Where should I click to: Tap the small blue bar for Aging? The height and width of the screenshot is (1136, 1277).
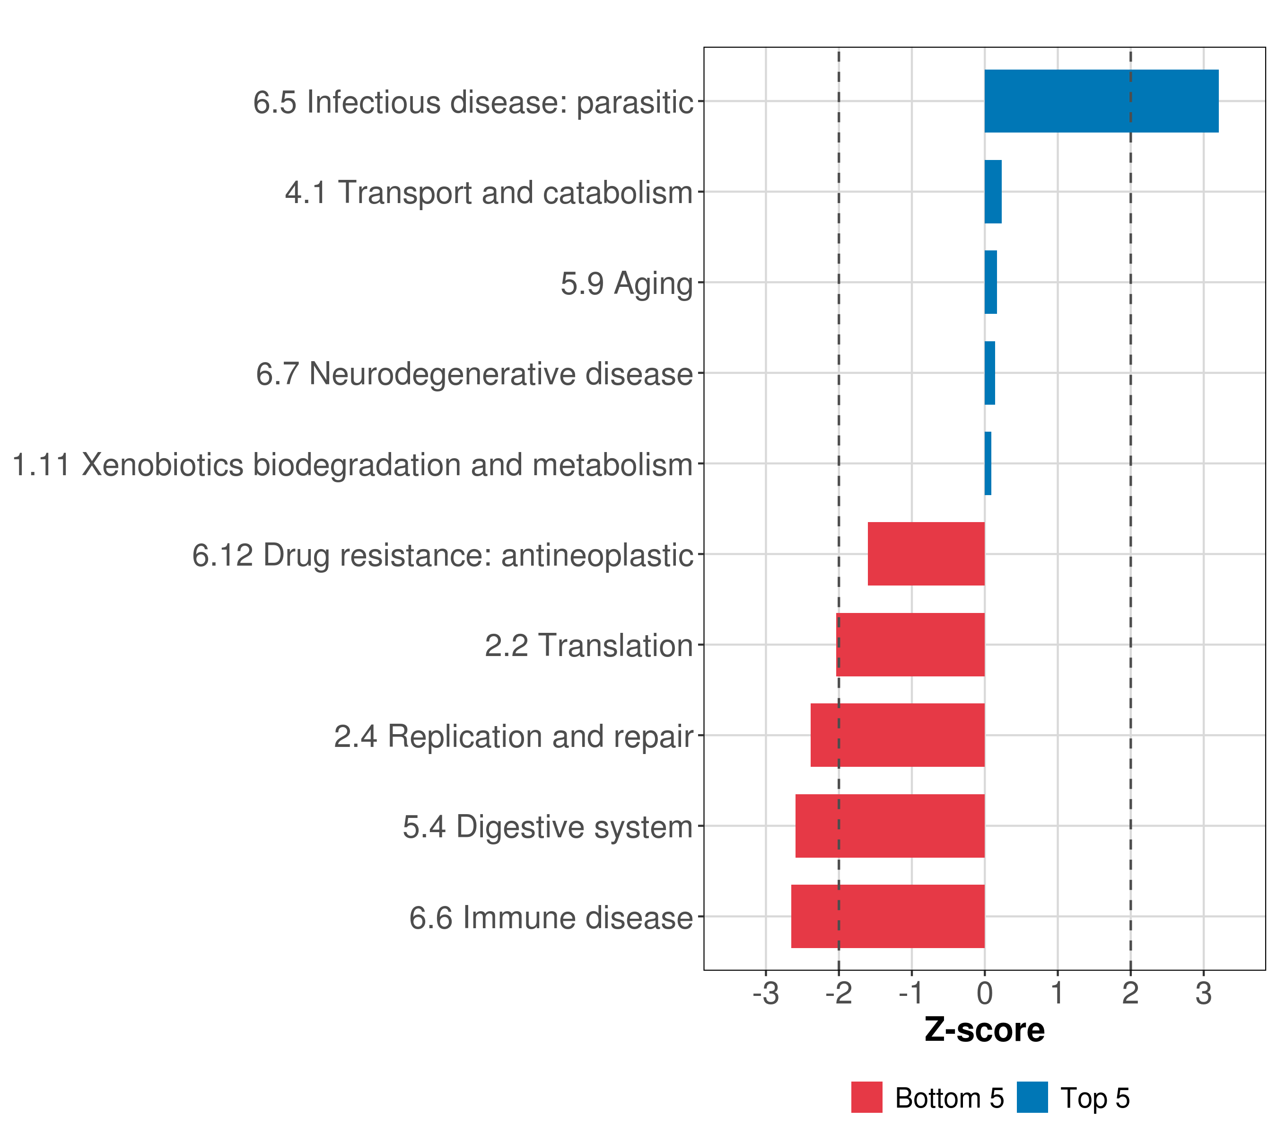990,282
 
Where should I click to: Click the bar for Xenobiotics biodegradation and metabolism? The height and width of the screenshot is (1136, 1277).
988,463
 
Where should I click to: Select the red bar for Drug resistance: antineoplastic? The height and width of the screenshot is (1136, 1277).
926,554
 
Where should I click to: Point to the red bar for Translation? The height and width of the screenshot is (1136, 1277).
910,645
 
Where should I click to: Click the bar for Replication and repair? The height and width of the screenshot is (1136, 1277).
897,735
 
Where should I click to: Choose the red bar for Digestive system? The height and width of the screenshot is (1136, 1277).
890,826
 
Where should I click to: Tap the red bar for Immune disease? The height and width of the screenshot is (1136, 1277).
887,916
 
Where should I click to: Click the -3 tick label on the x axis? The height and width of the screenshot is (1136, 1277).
765,994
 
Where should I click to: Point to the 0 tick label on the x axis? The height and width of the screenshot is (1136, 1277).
985,994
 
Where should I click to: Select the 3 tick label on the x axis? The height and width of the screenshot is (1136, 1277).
1203,994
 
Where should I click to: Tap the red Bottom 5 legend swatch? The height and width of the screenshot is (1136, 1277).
866,1097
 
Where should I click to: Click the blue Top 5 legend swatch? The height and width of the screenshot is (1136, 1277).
1032,1097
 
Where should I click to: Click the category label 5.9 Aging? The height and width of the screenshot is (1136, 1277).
627,283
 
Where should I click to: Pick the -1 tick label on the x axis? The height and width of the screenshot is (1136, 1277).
911,994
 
